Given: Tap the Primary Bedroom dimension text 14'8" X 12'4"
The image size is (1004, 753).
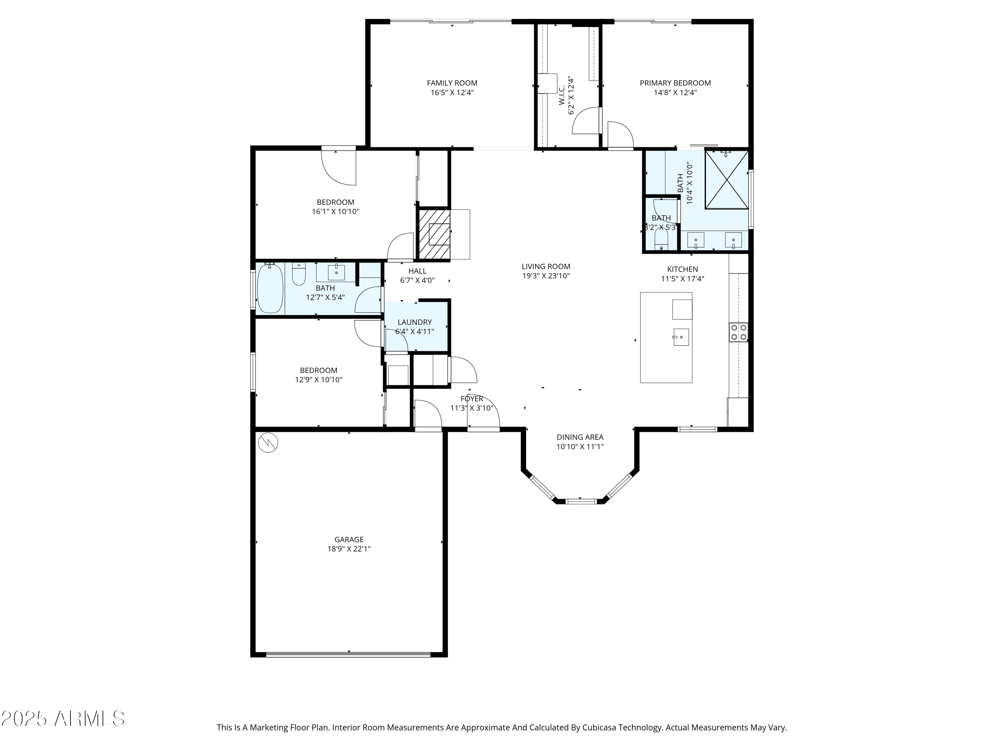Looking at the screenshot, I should [675, 93].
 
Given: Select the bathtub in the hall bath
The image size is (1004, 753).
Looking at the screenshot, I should [270, 289].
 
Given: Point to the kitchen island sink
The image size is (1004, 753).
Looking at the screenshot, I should [680, 337].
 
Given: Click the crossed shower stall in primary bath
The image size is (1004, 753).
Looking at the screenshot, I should [727, 180].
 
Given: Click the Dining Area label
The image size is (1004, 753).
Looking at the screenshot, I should [580, 437].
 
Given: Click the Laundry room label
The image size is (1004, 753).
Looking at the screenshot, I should [414, 322].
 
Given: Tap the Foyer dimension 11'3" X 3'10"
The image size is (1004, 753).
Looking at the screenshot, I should [472, 408].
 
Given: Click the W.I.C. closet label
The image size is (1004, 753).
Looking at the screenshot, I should [562, 96].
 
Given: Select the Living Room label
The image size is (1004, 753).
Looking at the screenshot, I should [546, 266].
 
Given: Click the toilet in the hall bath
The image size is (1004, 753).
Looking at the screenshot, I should [298, 274].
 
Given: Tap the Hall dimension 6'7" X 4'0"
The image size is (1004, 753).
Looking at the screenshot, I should [417, 280].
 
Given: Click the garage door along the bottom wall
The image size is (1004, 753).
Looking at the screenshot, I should [348, 655].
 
